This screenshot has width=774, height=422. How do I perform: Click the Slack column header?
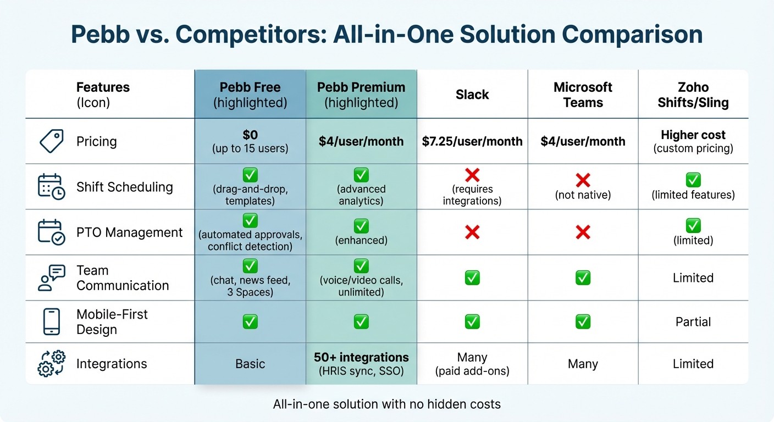pyautogui.click(x=472, y=95)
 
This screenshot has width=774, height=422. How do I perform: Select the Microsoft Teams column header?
pyautogui.click(x=583, y=95)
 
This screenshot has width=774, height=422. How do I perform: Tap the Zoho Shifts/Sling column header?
pyautogui.click(x=693, y=95)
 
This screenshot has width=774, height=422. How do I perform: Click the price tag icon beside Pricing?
pyautogui.click(x=52, y=141)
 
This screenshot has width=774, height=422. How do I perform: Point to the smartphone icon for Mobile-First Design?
pyautogui.click(x=52, y=321)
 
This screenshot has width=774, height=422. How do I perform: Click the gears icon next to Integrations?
pyautogui.click(x=52, y=363)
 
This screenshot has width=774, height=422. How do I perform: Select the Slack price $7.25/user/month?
pyautogui.click(x=472, y=141)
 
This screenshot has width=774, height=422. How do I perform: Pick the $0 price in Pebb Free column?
pyautogui.click(x=250, y=135)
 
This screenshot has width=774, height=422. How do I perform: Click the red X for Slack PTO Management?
pyautogui.click(x=472, y=232)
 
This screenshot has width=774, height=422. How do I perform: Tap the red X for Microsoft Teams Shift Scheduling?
pyautogui.click(x=583, y=180)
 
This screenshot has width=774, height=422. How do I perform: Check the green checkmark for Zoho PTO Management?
pyautogui.click(x=693, y=225)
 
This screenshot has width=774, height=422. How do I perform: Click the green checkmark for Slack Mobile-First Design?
pyautogui.click(x=472, y=321)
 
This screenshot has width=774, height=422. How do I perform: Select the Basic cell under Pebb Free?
pyautogui.click(x=250, y=364)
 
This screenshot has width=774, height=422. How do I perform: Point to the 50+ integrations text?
pyautogui.click(x=361, y=357)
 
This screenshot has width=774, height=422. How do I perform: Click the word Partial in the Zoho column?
pyautogui.click(x=693, y=321)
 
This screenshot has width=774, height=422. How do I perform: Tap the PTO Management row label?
pyautogui.click(x=129, y=232)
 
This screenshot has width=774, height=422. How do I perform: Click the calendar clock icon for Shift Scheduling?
pyautogui.click(x=52, y=186)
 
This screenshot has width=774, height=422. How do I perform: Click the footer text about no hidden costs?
pyautogui.click(x=386, y=404)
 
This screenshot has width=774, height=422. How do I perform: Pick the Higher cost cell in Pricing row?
pyautogui.click(x=693, y=135)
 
